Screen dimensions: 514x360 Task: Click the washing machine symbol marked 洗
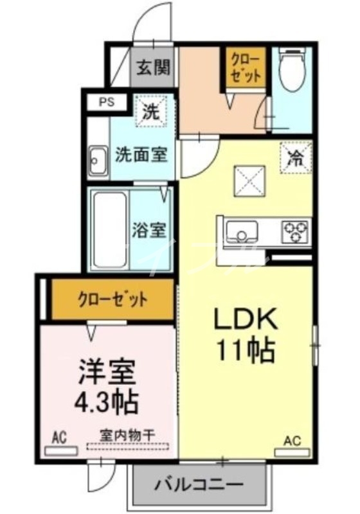pyautogui.click(x=152, y=113)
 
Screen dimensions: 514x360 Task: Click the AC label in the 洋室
pyautogui.click(x=60, y=439)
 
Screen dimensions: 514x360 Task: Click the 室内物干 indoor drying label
pyautogui.click(x=127, y=436)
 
